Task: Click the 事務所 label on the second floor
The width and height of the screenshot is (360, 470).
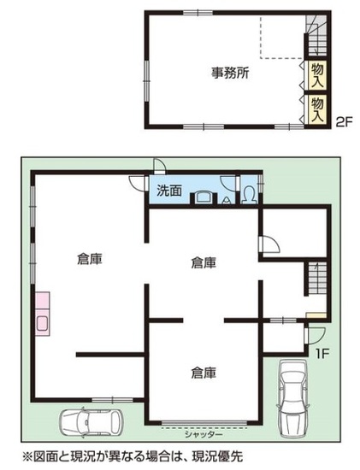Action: pyautogui.click(x=230, y=73)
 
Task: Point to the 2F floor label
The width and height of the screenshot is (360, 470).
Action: pyautogui.click(x=344, y=122)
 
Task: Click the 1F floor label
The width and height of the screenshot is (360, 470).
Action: pyautogui.click(x=322, y=354)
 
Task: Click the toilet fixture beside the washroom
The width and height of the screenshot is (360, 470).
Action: pyautogui.click(x=248, y=195)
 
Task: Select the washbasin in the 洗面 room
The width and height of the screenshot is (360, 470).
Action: pyautogui.click(x=204, y=197)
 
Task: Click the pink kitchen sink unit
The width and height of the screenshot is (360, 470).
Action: pyautogui.click(x=42, y=314)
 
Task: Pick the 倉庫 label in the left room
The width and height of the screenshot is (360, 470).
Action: pyautogui.click(x=90, y=259)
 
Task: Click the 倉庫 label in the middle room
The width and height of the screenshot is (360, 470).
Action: pyautogui.click(x=204, y=262)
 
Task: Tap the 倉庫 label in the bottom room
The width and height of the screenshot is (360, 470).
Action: pyautogui.click(x=204, y=373)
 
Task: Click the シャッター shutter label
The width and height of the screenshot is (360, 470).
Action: pyautogui.click(x=204, y=434)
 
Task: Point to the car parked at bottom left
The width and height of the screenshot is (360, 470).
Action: pyautogui.click(x=91, y=422)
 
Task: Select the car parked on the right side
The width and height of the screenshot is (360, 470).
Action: pyautogui.click(x=292, y=398)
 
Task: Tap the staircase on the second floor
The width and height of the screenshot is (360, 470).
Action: pyautogui.click(x=316, y=35)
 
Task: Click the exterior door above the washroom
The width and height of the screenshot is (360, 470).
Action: pyautogui.click(x=159, y=166)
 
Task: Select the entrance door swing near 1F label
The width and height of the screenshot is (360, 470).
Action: pyautogui.click(x=315, y=336)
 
